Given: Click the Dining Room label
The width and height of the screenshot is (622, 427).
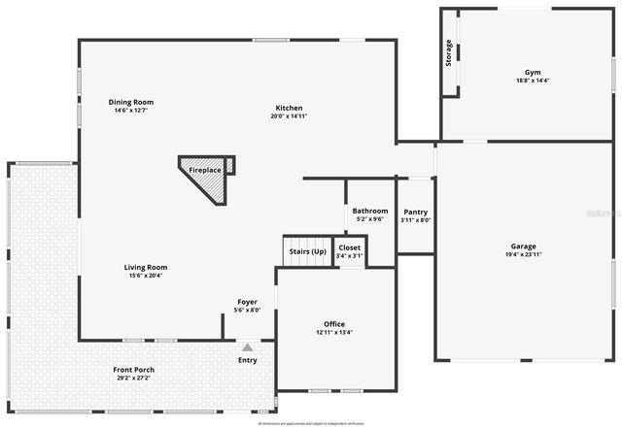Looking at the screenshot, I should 130,102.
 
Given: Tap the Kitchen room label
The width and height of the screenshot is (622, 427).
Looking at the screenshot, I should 289,108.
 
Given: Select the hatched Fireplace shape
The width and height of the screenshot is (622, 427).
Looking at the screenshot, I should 206,175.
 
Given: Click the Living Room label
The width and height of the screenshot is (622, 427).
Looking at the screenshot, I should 146,267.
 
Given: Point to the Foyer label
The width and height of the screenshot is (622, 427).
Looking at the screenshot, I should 248,302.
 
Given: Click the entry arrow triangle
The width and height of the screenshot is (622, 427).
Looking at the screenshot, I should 248,345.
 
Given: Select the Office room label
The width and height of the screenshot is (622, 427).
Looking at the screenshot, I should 334,324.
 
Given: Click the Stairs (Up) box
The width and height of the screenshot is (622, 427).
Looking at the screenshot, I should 307,251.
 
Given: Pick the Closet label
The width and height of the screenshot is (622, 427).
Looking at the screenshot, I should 349,247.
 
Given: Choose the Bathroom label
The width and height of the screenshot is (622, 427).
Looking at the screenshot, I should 370,211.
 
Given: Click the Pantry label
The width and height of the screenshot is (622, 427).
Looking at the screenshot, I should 415,212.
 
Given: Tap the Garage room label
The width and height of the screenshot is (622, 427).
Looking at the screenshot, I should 523,246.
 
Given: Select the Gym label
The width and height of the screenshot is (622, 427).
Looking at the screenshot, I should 533,73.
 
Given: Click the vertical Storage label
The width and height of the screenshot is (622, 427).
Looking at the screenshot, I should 449,54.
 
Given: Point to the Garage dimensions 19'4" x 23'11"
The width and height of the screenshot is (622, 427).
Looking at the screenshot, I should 523,255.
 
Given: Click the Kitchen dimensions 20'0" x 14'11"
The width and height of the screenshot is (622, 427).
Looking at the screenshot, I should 289,116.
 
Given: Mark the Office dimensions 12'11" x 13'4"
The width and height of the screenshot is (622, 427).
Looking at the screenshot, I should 334,333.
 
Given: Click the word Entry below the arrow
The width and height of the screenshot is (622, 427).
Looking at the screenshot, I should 248,361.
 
